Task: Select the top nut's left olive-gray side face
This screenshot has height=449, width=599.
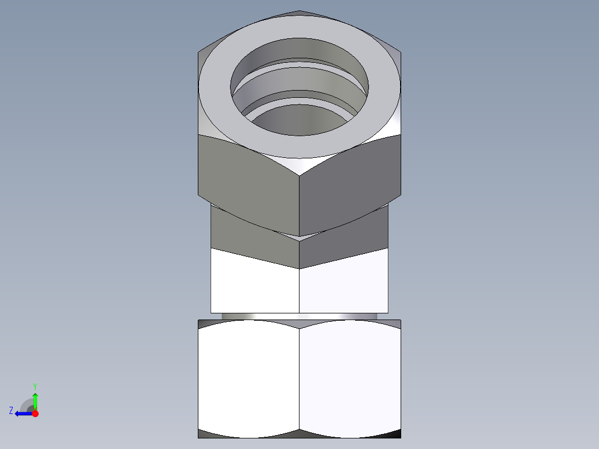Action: click(247, 178)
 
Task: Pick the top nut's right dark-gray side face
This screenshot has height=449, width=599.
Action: click(350, 178)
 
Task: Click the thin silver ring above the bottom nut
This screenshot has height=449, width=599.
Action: click(299, 316)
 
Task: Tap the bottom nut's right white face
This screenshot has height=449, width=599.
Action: click(350, 378)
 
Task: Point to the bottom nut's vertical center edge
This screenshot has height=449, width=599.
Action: click(299, 378)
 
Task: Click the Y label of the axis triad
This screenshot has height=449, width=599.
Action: click(34, 386)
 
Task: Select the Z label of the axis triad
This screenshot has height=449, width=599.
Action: click(11, 410)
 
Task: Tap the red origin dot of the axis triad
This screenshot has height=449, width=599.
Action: click(35, 413)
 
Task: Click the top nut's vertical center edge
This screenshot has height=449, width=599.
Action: click(299, 206)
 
